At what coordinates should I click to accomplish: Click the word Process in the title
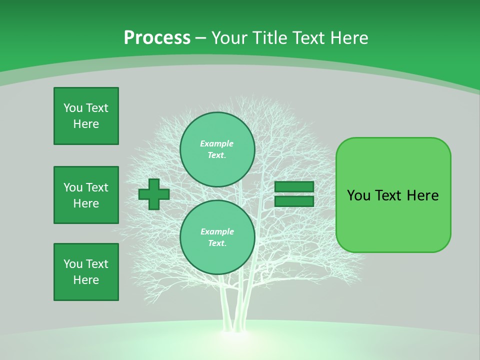coord(157,38)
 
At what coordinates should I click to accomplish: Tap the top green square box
coord(86,116)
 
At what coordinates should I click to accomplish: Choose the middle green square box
coord(86,195)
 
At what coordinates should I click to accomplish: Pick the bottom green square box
coord(86,272)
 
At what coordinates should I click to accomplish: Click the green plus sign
coord(153,194)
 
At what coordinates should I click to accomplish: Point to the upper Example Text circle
coord(217,149)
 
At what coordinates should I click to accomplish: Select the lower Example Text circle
coord(217,237)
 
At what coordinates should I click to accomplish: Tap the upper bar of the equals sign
coord(294,187)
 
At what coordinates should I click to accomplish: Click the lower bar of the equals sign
coord(294,201)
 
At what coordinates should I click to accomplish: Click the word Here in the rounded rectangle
coord(422,195)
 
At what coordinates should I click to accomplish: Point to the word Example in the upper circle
coord(217,144)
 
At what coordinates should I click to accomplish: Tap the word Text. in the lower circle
coord(217,243)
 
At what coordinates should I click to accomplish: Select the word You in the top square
coord(73,108)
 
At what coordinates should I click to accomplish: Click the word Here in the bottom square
coord(86,280)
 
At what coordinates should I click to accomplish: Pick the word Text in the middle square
coord(97,187)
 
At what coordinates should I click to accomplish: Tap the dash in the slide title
coord(200,38)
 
